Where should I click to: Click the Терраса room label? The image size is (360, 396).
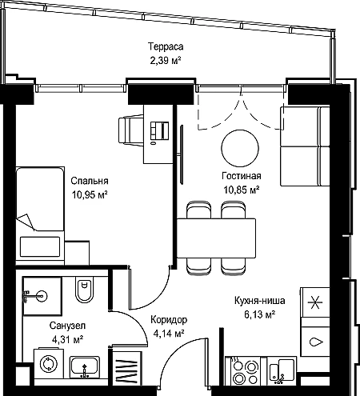pyautogui.click(x=166, y=46)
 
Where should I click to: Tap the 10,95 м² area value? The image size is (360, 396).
pyautogui.click(x=90, y=195)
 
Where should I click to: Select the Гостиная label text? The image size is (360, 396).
pyautogui.click(x=242, y=176)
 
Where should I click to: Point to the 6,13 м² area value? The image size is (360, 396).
pyautogui.click(x=259, y=314)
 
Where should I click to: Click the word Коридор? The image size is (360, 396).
pyautogui.click(x=169, y=319)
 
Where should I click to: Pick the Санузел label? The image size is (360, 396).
pyautogui.click(x=67, y=326)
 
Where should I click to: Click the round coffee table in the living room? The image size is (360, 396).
pyautogui.click(x=240, y=148)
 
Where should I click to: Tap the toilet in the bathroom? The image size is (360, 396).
pyautogui.click(x=84, y=290)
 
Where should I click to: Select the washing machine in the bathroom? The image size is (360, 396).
pyautogui.click(x=49, y=363)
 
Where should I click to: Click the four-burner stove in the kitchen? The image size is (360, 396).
pyautogui.click(x=242, y=370)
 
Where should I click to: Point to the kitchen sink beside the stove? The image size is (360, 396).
pyautogui.click(x=282, y=371)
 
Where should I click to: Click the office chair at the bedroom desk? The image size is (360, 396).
pyautogui.click(x=131, y=130)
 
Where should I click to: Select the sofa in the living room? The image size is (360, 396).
pyautogui.click(x=305, y=146)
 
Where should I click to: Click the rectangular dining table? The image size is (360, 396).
pyautogui.click(x=216, y=238)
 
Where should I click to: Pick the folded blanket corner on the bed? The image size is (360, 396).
pyautogui.click(x=26, y=222)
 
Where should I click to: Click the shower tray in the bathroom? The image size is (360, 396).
pyautogui.click(x=42, y=296)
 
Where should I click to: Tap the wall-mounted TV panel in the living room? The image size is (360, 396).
pyautogui.click(x=182, y=154)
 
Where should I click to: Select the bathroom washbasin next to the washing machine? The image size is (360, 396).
pyautogui.click(x=85, y=367)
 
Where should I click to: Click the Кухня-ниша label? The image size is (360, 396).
pyautogui.click(x=260, y=301)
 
